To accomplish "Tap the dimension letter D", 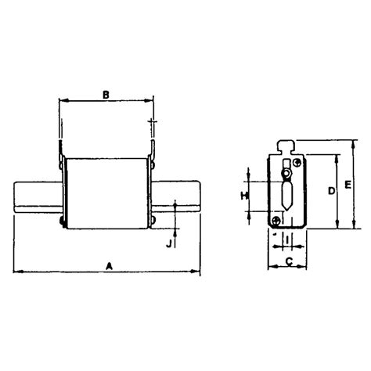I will click(331, 190).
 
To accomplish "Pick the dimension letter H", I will click(243, 194).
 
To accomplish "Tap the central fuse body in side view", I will click(106, 193).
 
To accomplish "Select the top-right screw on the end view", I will click(297, 162).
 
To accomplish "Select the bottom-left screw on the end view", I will click(276, 222).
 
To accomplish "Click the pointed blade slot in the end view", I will click(286, 194).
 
